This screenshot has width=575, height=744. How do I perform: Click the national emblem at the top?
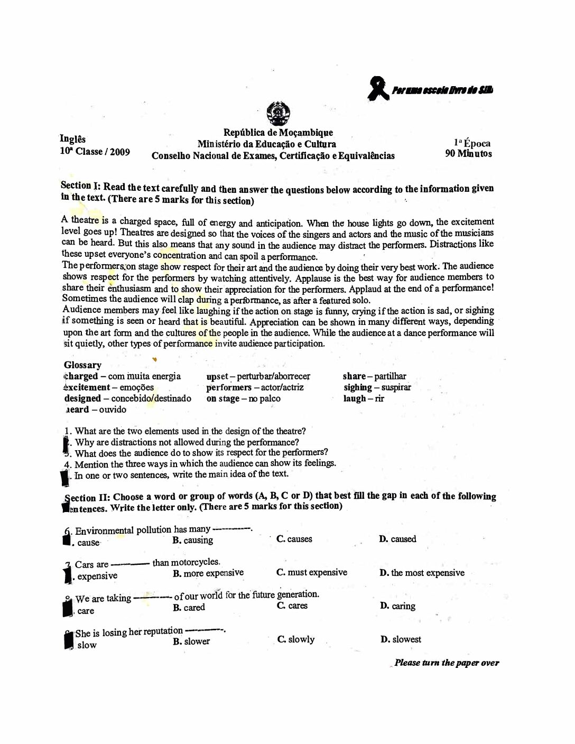pyautogui.click(x=278, y=113)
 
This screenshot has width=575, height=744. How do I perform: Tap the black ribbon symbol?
pyautogui.click(x=377, y=88)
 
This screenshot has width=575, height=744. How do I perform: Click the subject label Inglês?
pyautogui.click(x=72, y=139)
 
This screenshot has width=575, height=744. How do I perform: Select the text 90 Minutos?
pyautogui.click(x=468, y=154)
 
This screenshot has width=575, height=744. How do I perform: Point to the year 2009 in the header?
pyautogui.click(x=120, y=152)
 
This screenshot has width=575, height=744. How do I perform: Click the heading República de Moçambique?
pyautogui.click(x=278, y=133)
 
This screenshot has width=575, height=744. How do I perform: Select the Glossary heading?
pyautogui.click(x=82, y=365)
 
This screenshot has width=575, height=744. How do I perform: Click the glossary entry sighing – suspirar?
pyautogui.click(x=377, y=387)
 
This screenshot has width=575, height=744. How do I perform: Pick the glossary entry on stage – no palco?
pyautogui.click(x=243, y=398)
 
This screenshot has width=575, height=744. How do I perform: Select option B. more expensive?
pyautogui.click(x=208, y=573)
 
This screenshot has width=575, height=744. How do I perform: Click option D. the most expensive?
pyautogui.click(x=422, y=573)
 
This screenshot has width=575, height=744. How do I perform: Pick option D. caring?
pyautogui.click(x=397, y=606)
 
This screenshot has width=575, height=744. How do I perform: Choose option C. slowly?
pyautogui.click(x=296, y=639)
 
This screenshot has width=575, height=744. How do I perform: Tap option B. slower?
pyautogui.click(x=191, y=641)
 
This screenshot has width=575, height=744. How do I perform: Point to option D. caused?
pyautogui.click(x=397, y=539)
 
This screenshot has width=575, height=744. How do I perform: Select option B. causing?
pyautogui.click(x=193, y=540)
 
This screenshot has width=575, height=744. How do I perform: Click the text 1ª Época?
pyautogui.click(x=472, y=143)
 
